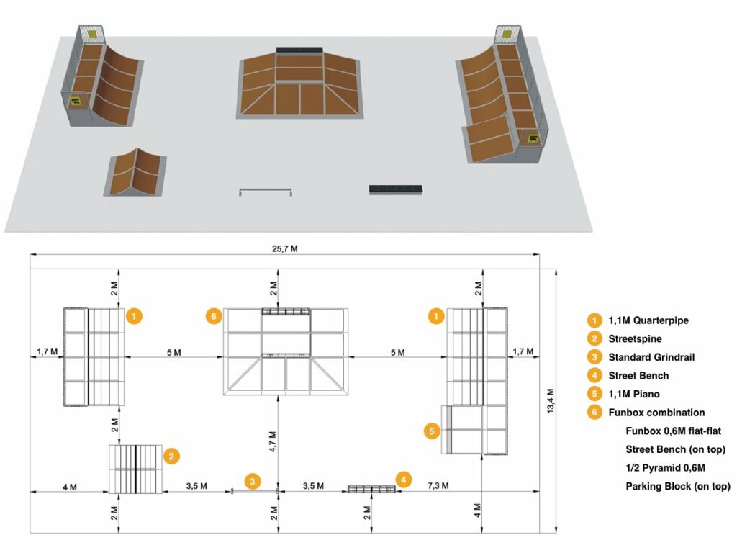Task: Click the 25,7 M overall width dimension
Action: [x=285, y=248]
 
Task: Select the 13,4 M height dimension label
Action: [x=551, y=401]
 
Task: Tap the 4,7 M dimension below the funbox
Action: [x=273, y=441]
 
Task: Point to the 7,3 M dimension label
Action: [x=438, y=485]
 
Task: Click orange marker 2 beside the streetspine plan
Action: [x=171, y=456]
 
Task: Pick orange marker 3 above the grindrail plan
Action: [x=253, y=482]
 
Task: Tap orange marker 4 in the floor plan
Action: [x=403, y=480]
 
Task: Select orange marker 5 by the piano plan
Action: [x=432, y=431]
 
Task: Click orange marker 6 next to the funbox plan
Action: [x=214, y=316]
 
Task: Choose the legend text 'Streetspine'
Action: [x=635, y=339]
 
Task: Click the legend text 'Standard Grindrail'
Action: [x=651, y=357]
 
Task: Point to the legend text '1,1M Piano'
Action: [x=634, y=394]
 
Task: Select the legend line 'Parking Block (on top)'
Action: [x=678, y=486]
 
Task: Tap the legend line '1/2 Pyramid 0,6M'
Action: [x=665, y=468]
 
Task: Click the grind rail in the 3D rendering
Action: [x=266, y=192]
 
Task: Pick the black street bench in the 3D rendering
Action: [x=396, y=189]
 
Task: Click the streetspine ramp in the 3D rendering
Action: [x=135, y=172]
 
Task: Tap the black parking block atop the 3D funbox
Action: [x=299, y=50]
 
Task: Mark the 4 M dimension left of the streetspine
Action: [x=70, y=487]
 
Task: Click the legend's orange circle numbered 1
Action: [x=594, y=320]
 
